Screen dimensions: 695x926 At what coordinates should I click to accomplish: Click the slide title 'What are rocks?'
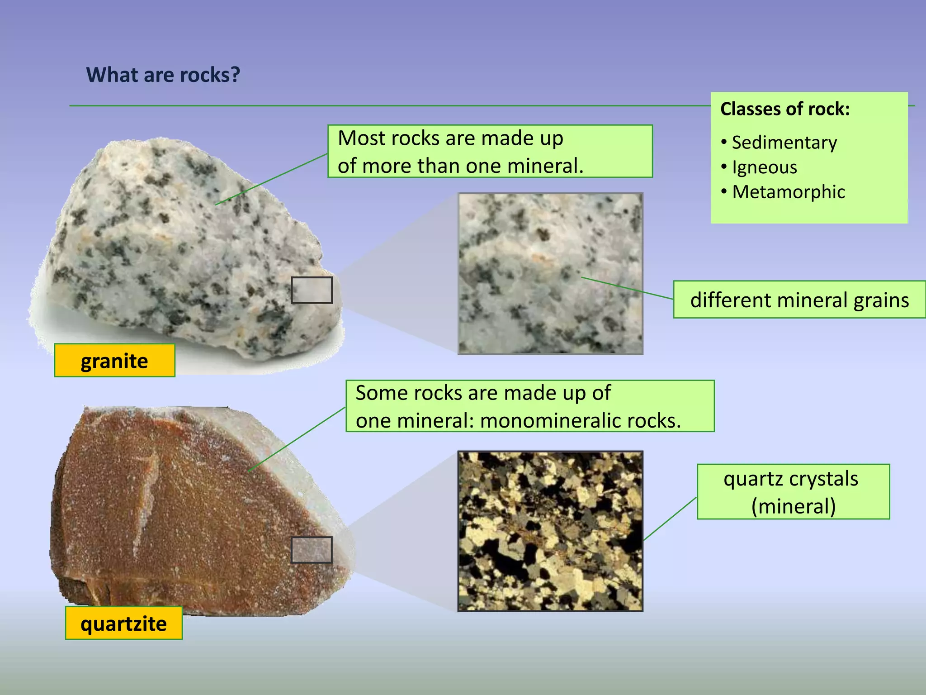pyautogui.click(x=163, y=75)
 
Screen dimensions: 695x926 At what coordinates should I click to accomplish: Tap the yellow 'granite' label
pyautogui.click(x=114, y=361)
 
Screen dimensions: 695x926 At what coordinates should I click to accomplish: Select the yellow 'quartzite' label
pyautogui.click(x=123, y=623)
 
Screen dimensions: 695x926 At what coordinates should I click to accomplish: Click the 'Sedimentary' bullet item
pyautogui.click(x=784, y=143)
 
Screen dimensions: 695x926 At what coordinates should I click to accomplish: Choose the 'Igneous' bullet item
pyautogui.click(x=764, y=167)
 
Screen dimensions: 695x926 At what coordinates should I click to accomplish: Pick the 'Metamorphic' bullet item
pyautogui.click(x=788, y=192)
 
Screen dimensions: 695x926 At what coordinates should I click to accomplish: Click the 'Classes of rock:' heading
pyautogui.click(x=785, y=109)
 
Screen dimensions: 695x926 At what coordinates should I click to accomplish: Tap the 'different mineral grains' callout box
pyautogui.click(x=799, y=300)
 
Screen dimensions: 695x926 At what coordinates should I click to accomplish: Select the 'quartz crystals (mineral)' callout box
pyautogui.click(x=793, y=491)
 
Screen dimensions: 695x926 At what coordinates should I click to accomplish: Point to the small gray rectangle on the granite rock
pyautogui.click(x=312, y=290)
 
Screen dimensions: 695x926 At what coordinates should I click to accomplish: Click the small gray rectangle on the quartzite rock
pyautogui.click(x=312, y=550)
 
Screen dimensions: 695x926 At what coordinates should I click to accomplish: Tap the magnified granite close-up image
pyautogui.click(x=550, y=274)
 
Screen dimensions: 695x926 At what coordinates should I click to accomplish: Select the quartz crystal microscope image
pyautogui.click(x=550, y=531)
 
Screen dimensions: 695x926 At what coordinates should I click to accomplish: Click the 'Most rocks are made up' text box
pyautogui.click(x=490, y=151)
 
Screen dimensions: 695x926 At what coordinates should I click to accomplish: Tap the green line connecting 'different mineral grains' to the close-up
pyautogui.click(x=628, y=288)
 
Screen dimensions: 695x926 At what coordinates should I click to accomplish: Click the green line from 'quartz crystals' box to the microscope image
pyautogui.click(x=670, y=519)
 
